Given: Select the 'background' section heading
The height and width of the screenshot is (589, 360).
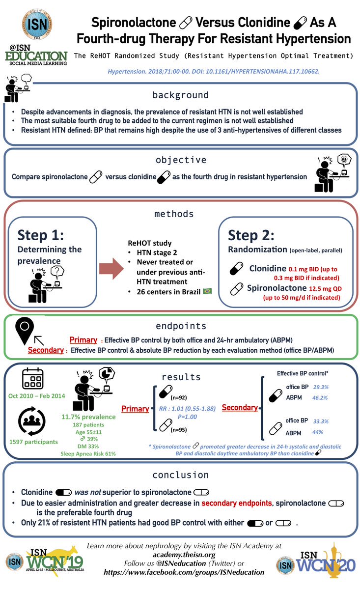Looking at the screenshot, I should (180, 95).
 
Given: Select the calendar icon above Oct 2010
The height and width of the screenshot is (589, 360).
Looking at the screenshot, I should (33, 380).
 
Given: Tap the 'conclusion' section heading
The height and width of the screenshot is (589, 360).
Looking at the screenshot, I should (180, 475).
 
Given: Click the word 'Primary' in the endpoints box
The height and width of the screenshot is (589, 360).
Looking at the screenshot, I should (83, 339).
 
